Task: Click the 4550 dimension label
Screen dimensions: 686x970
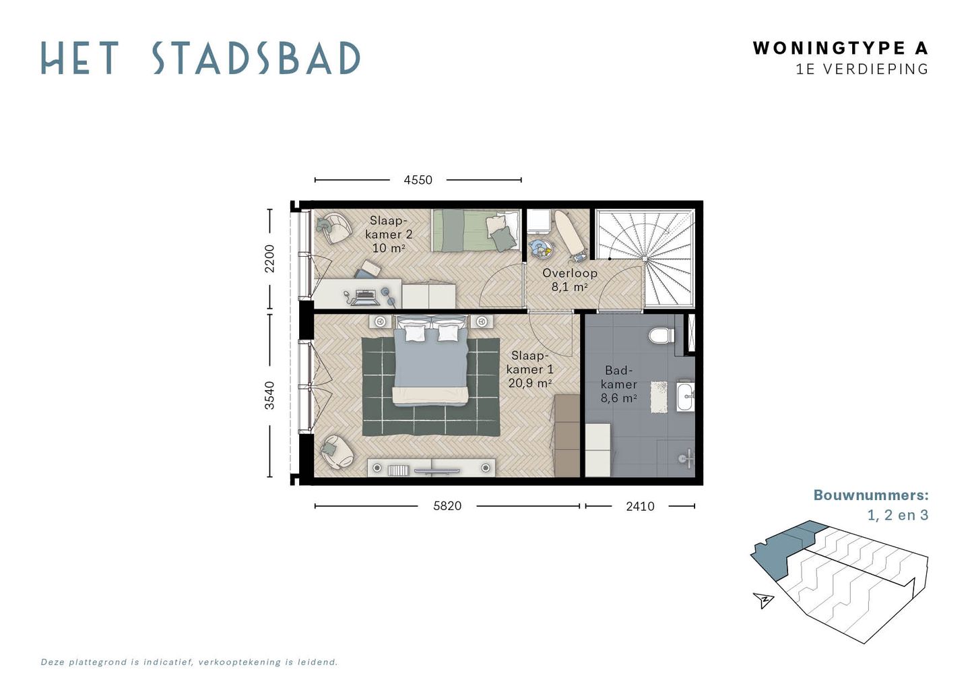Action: tap(418, 180)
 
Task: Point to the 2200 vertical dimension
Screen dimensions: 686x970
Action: tap(269, 258)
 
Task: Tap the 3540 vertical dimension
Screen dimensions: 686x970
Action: tap(269, 395)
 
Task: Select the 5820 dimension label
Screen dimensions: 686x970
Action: tap(447, 506)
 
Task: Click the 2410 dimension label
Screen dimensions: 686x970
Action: tap(640, 506)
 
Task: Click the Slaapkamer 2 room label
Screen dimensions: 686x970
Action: tap(389, 234)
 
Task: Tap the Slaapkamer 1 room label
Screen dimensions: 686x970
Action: tap(530, 369)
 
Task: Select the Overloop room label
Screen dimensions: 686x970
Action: tap(570, 279)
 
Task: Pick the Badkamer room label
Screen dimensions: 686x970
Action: tap(619, 384)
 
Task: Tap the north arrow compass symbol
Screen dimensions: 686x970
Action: tap(763, 599)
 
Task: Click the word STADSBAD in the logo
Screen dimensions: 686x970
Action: tap(256, 59)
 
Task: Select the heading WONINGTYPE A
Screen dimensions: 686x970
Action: tap(840, 48)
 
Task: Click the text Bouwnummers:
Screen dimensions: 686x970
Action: tap(870, 495)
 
